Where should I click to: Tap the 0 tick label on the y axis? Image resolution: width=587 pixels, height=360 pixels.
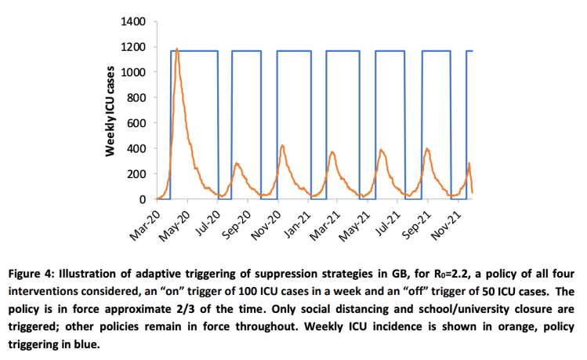tap(142, 199)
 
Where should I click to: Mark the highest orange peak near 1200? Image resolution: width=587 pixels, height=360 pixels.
tap(177, 49)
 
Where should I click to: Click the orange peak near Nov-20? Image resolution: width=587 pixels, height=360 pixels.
tap(282, 146)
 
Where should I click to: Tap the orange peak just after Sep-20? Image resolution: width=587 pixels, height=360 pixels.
tap(237, 164)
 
